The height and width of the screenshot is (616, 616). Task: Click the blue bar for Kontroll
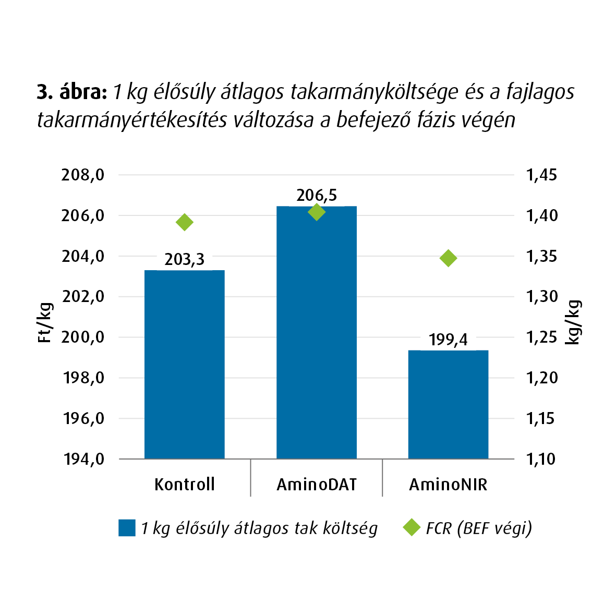[185, 364]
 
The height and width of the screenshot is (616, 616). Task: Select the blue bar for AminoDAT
[317, 332]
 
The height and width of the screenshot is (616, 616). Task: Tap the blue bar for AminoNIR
[448, 404]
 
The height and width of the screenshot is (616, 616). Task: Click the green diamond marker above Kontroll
[185, 222]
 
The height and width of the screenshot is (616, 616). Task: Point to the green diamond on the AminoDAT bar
[317, 212]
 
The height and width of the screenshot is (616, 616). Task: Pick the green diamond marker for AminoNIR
[448, 258]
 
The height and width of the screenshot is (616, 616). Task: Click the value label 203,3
[185, 259]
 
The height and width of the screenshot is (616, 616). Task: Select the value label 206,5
[317, 195]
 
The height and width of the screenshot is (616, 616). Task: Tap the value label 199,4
[448, 340]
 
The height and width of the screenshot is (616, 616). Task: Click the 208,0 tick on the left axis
[83, 175]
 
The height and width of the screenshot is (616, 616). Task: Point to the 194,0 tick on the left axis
[83, 459]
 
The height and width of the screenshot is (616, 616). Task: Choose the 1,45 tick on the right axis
[542, 175]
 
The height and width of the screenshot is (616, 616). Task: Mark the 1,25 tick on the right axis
[542, 337]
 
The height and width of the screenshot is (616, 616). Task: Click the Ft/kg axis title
[45, 323]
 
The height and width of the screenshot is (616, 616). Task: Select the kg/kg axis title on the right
[573, 322]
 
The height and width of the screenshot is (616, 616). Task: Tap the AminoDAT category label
[317, 485]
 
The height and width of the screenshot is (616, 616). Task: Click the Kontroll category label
[185, 485]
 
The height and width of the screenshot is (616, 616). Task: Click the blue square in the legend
[127, 528]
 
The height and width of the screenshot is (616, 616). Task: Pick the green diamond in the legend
[412, 527]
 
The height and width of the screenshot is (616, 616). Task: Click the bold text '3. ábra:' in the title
[72, 92]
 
